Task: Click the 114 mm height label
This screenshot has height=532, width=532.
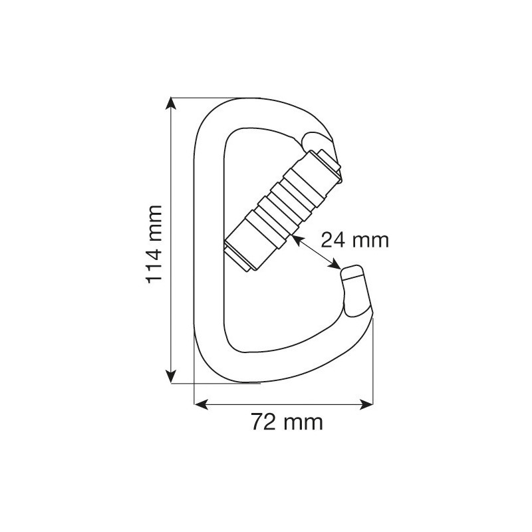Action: coord(154,244)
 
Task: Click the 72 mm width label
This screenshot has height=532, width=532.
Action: coord(287,422)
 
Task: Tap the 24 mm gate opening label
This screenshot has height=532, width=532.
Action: coord(354,240)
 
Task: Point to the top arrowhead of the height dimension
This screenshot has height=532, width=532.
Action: coord(171,104)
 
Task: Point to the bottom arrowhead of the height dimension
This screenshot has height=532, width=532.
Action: coord(171,377)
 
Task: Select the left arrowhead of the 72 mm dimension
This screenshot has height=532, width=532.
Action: coord(201,404)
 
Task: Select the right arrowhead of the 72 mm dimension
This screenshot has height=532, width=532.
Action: coord(366,404)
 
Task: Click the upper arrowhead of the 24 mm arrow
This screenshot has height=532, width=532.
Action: coord(296,239)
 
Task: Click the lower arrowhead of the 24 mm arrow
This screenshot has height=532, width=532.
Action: coord(335,264)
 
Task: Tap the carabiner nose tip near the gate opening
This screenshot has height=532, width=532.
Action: coord(351,271)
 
